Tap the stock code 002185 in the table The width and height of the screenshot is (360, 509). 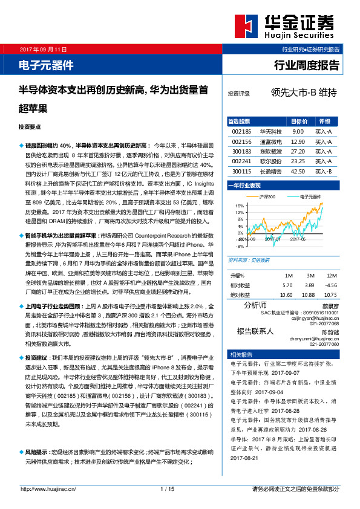pos(241,131)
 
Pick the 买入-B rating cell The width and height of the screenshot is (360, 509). pos(324,172)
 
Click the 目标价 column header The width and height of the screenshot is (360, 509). pos(299,121)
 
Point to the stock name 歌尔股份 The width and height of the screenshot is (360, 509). pos(270,161)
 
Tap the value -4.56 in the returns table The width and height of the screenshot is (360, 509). pos(332,284)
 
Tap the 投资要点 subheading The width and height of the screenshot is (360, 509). pos(30,127)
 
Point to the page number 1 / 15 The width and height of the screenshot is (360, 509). pos(168,488)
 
